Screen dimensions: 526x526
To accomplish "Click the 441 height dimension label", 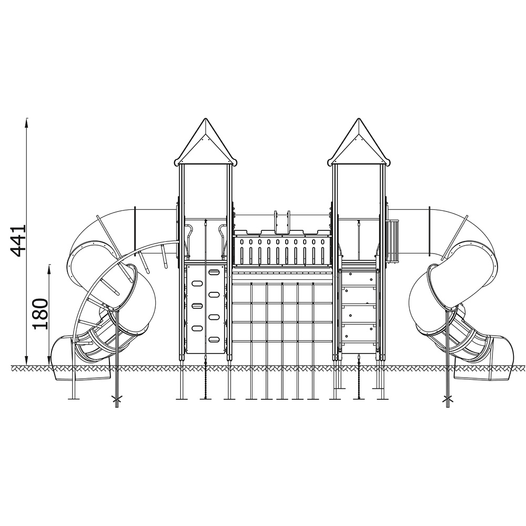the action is click(17, 241).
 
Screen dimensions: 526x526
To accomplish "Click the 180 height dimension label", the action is click(40, 313).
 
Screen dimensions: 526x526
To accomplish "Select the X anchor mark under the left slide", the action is click(117, 399).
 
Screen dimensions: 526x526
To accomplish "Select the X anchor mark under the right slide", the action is click(447, 399).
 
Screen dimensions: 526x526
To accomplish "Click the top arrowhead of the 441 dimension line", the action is click(27, 122).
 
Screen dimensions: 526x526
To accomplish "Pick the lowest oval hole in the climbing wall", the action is click(214, 339).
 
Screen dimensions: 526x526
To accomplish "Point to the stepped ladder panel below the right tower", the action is click(358, 312).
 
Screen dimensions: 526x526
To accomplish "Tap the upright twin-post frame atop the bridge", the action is click(282, 222).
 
